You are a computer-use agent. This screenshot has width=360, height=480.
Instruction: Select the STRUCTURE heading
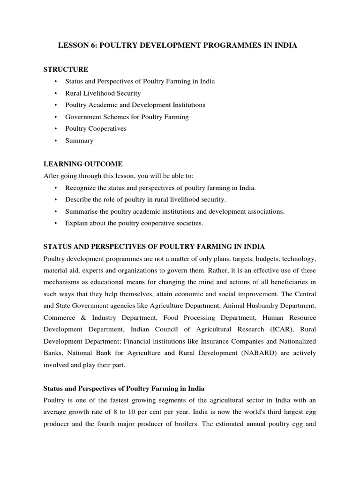(66, 69)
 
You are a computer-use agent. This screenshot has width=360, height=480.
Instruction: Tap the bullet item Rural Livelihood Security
(103, 93)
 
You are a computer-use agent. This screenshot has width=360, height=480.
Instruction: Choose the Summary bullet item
(79, 141)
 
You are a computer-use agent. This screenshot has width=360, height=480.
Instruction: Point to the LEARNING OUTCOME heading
(83, 164)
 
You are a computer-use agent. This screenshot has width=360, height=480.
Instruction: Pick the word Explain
(76, 223)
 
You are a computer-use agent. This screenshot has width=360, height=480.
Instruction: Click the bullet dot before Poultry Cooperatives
(56, 128)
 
